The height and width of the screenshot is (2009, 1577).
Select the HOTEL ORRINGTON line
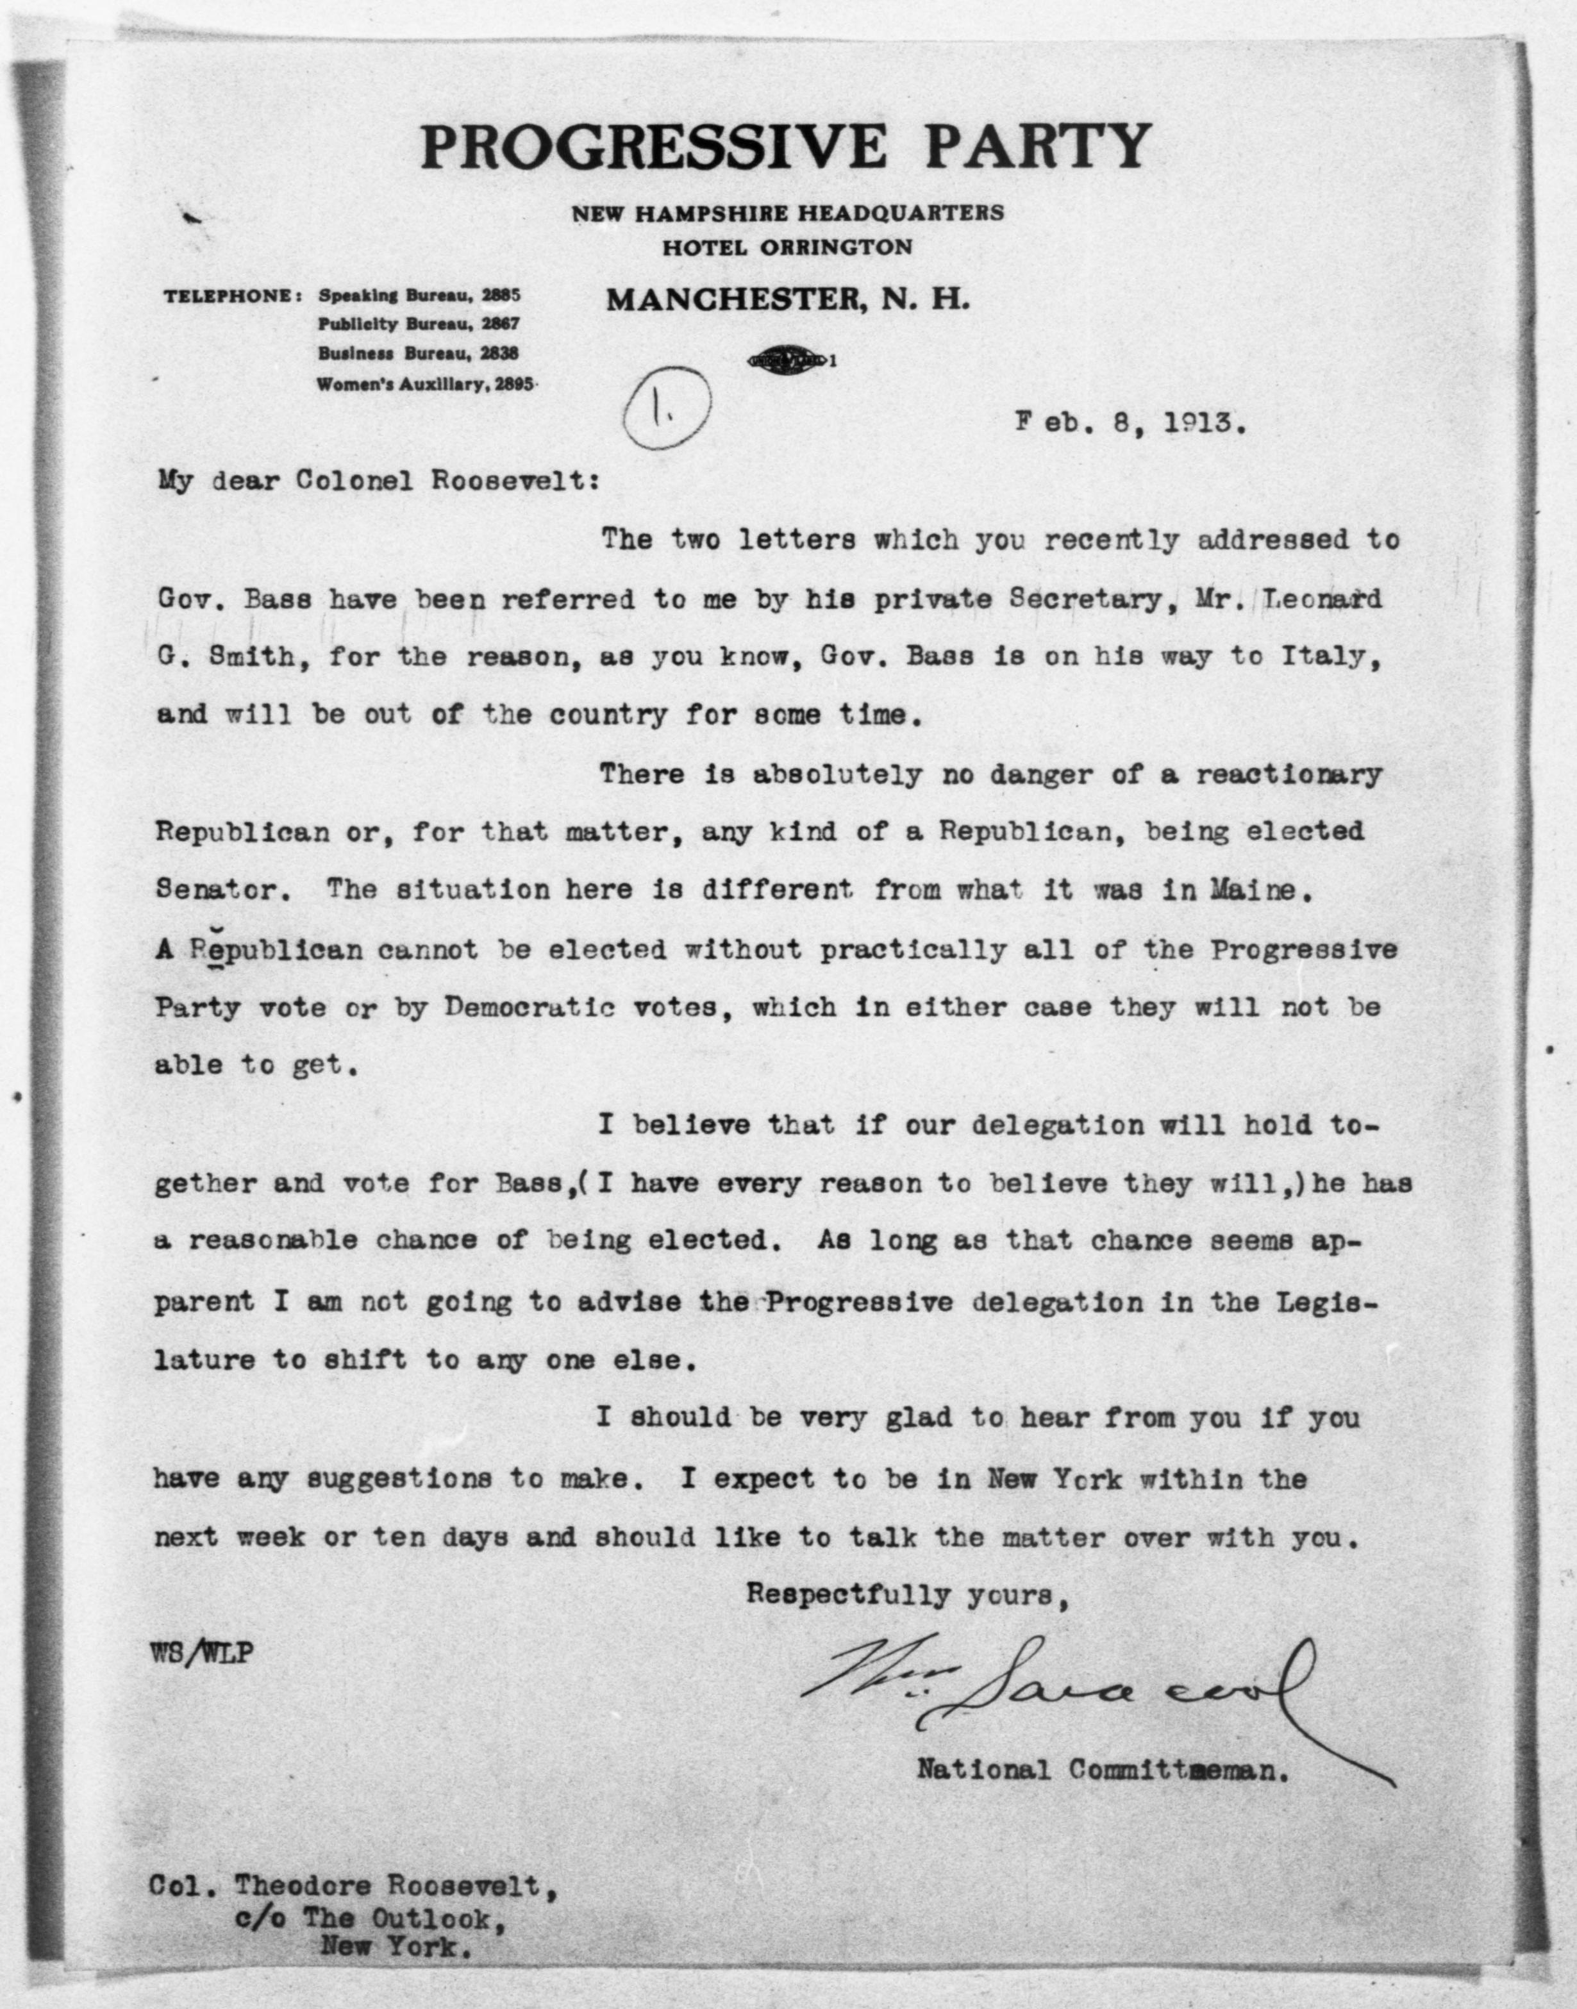(x=787, y=247)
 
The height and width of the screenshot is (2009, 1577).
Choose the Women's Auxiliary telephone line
(x=425, y=385)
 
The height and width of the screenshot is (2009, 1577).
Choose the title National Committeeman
(x=1101, y=1769)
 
